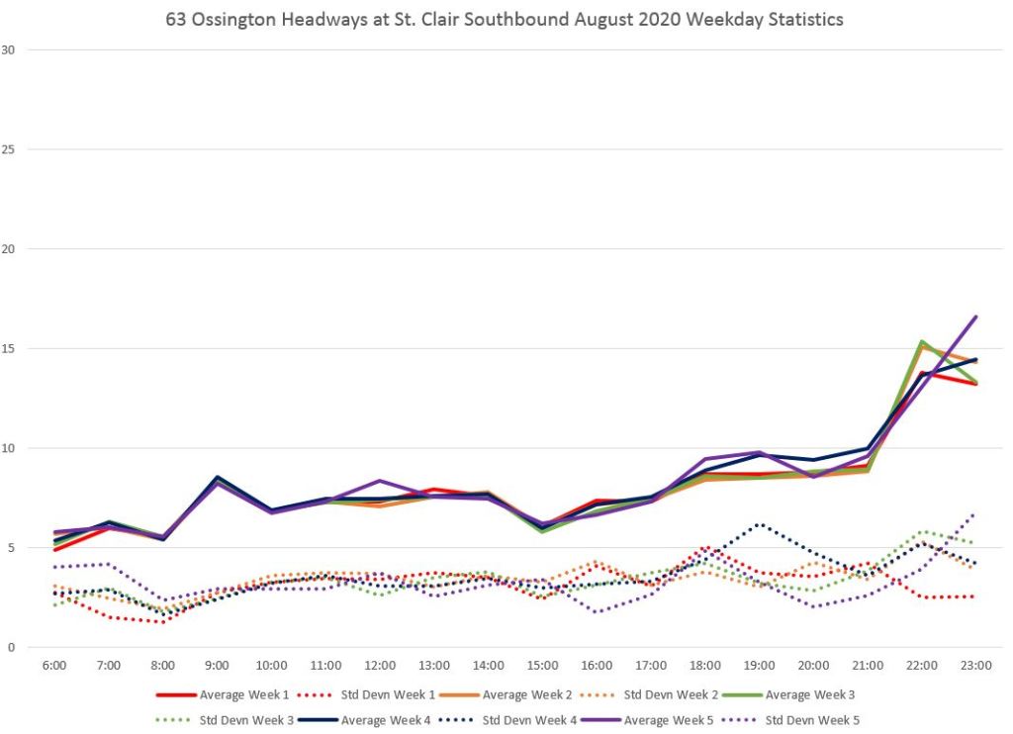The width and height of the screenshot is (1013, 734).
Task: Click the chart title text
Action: (x=505, y=19)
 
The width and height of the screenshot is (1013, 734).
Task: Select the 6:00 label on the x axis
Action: (x=54, y=665)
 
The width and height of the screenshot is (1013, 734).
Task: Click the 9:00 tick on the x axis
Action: (x=218, y=665)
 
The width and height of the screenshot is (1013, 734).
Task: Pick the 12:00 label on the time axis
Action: (x=380, y=665)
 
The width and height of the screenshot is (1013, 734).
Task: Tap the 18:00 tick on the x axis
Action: (x=705, y=665)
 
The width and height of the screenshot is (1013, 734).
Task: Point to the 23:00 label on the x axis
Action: (x=976, y=665)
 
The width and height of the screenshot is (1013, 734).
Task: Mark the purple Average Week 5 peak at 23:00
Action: (x=976, y=317)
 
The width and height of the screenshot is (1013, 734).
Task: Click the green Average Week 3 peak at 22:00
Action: (x=922, y=341)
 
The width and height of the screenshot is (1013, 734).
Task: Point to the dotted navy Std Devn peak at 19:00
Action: (x=759, y=524)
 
